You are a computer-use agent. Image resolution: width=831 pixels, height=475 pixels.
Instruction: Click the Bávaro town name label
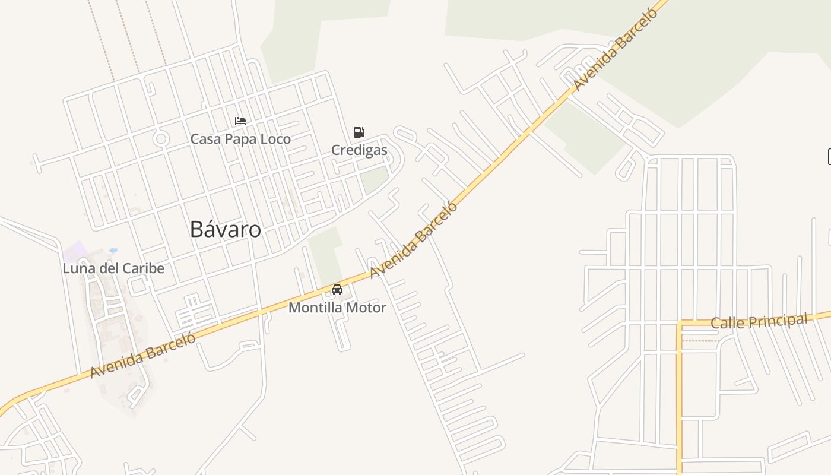click(x=225, y=229)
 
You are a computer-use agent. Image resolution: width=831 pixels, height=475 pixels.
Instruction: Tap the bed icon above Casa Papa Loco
click(x=240, y=121)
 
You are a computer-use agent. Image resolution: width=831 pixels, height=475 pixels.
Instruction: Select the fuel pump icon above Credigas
click(x=359, y=132)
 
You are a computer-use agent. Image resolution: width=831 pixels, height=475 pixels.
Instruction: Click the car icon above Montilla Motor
click(x=337, y=290)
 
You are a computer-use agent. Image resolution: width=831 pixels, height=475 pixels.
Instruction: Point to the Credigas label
click(x=359, y=150)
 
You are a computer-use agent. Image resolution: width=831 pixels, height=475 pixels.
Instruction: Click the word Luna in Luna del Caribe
click(x=79, y=268)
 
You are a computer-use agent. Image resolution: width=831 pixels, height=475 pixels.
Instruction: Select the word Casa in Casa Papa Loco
click(x=205, y=139)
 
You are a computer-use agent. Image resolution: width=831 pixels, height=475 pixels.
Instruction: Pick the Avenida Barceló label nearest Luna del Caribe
click(x=143, y=355)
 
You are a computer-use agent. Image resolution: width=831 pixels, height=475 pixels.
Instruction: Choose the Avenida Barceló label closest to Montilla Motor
click(x=414, y=240)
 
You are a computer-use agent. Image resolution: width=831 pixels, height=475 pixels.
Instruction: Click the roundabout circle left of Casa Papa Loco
click(x=160, y=139)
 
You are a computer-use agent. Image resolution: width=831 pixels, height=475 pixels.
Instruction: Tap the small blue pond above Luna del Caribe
click(x=113, y=251)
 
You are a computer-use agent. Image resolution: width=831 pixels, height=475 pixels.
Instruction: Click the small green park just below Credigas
click(x=374, y=179)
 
